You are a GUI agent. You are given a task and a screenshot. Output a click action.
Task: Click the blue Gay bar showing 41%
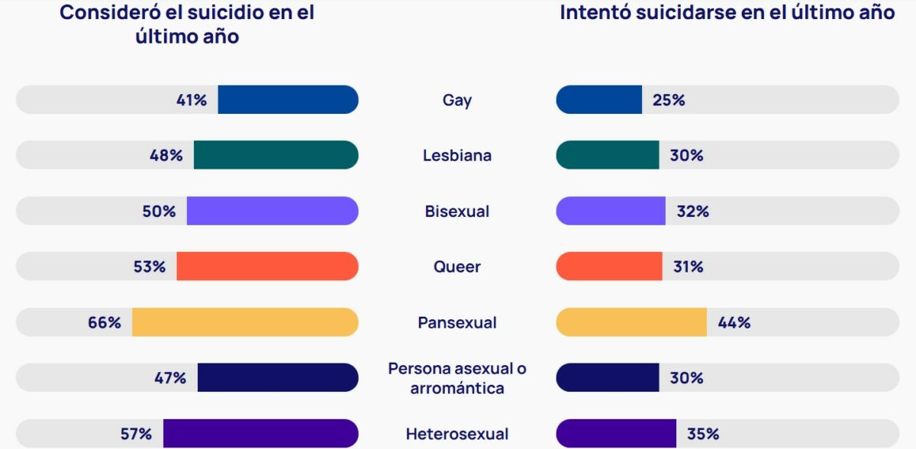288,100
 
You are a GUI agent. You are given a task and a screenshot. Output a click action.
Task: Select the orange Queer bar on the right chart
609,266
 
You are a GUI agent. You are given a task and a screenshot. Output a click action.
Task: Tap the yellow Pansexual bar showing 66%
245,322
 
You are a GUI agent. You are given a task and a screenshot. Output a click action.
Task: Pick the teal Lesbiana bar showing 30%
608,155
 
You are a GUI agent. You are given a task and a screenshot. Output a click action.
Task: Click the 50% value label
159,212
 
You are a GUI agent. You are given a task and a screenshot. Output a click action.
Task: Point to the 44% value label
734,322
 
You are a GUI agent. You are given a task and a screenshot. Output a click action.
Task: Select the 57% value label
136,434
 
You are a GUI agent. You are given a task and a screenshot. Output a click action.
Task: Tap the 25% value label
668,100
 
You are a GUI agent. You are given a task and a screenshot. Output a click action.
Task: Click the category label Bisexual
457,212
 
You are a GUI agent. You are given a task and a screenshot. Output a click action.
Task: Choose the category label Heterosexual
457,434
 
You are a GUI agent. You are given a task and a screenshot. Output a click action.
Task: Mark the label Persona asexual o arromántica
457,378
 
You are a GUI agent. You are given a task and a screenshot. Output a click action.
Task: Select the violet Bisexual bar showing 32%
611,211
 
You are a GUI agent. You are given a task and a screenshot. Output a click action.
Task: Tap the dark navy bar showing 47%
278,378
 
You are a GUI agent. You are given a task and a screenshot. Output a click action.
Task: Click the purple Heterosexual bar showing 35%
616,434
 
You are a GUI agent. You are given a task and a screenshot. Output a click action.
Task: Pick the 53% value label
149,266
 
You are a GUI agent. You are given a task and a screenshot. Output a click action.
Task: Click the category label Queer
457,266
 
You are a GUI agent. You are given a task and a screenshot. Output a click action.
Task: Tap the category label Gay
457,100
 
